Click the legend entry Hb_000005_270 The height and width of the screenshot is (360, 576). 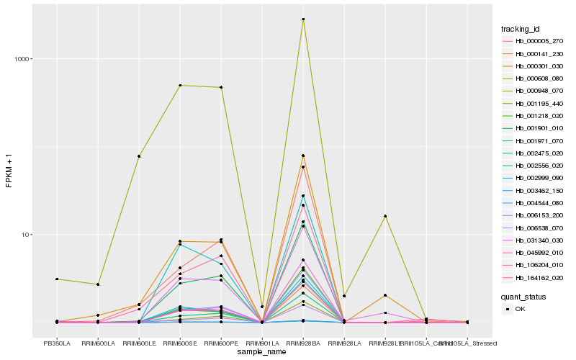coord(535,41)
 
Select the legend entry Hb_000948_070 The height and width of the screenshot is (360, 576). coord(535,91)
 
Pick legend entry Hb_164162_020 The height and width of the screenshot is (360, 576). coord(535,277)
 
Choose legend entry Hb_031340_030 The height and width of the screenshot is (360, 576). coord(535,240)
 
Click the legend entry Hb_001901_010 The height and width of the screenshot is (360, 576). coord(535,128)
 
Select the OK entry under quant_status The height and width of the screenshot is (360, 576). coord(520,309)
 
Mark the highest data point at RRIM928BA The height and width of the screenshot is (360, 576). coord(303,19)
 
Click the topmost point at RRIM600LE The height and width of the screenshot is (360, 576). coord(139,156)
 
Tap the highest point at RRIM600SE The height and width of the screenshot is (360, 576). coord(180,86)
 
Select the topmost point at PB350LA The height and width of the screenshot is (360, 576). coord(57,279)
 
